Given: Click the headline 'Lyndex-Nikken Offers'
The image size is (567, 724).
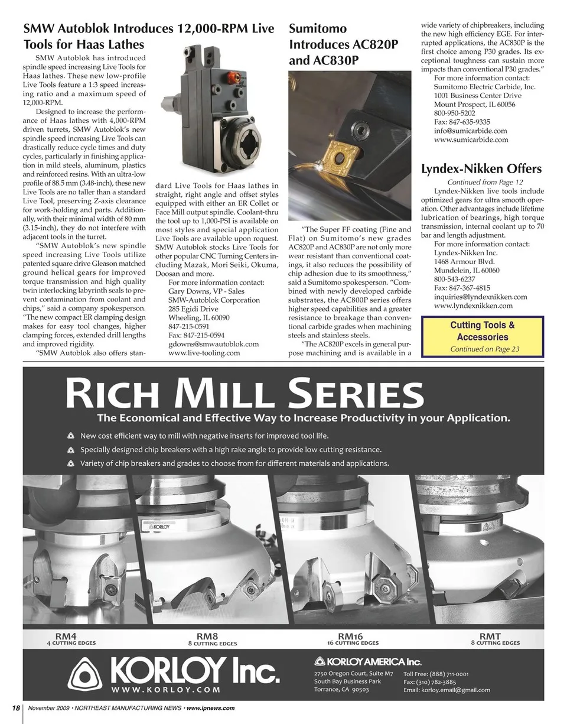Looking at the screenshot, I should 481,169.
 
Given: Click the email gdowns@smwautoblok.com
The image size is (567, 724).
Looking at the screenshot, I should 213,343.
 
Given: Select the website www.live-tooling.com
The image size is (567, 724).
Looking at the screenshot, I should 204,353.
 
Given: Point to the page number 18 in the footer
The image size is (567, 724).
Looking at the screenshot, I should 16,708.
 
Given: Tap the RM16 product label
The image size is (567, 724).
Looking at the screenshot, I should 353,636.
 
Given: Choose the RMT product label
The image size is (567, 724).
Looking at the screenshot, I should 490,636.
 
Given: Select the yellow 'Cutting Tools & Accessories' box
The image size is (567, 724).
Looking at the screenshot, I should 482,336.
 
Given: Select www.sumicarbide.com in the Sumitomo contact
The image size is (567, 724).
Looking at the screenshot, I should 471,139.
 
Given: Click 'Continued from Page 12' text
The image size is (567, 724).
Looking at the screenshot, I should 485,183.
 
